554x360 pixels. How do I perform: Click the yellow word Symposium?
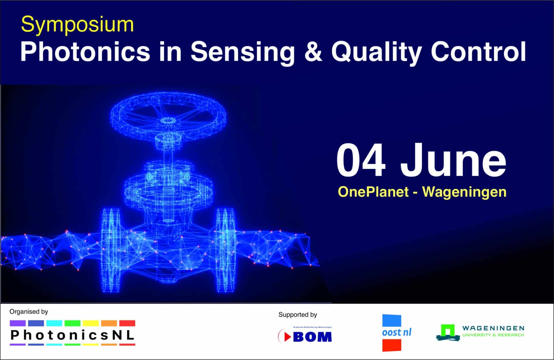click(77, 25)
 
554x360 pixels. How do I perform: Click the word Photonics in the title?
click(85, 52)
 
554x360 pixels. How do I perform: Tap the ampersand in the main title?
click(313, 52)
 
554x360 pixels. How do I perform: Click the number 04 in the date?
click(361, 161)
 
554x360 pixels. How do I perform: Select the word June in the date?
click(453, 161)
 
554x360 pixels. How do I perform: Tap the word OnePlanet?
click(373, 192)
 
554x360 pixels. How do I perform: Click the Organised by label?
click(29, 312)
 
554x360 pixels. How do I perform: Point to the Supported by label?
click(297, 315)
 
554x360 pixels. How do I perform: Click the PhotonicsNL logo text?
click(72, 335)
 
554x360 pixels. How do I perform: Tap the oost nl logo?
click(396, 333)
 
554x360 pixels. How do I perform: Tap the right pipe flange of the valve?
click(225, 250)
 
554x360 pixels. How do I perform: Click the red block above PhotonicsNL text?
click(127, 323)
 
